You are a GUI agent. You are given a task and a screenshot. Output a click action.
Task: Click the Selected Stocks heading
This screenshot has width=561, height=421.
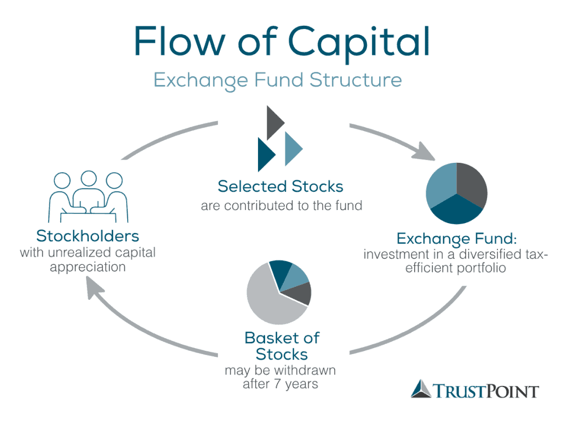click(x=280, y=186)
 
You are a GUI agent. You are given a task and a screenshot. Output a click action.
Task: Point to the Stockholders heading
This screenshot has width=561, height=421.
click(x=88, y=236)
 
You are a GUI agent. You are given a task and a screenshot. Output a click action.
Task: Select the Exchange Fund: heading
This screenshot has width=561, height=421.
click(x=457, y=239)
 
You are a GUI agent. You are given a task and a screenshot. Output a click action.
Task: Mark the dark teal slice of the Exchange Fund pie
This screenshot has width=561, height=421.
click(x=456, y=211)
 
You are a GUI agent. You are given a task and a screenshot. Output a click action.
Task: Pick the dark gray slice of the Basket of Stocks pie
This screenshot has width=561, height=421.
click(x=302, y=293)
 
